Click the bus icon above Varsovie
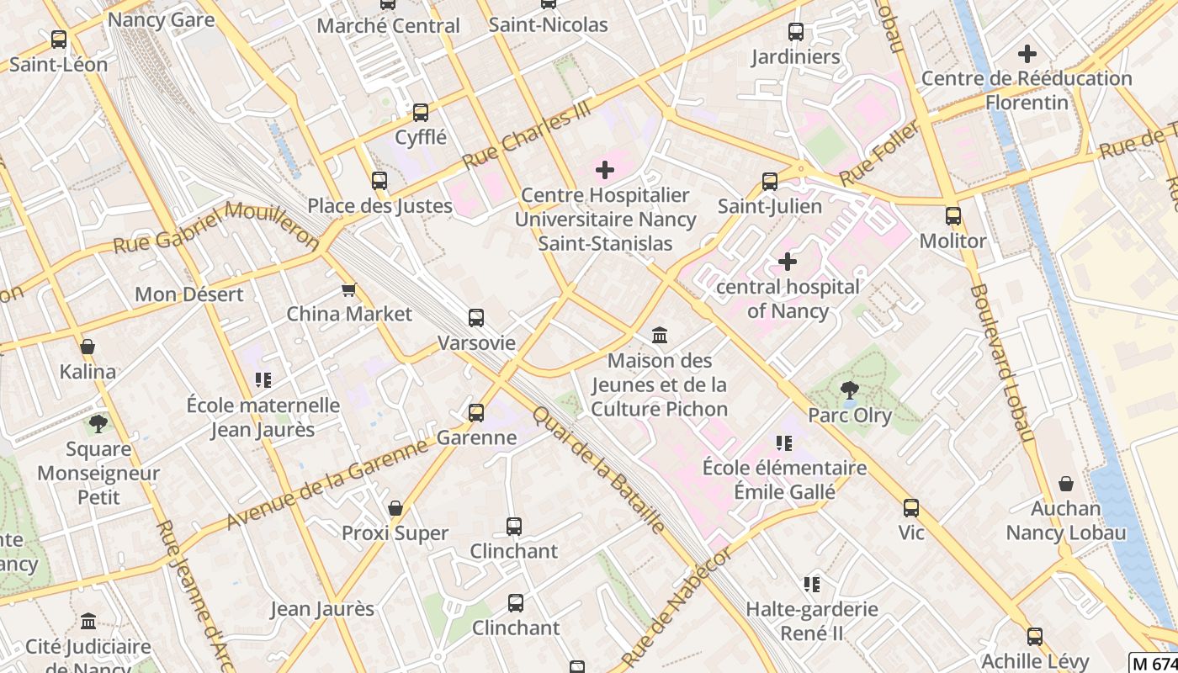point(476,318)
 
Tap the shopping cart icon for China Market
point(348,289)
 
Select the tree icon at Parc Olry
point(850,389)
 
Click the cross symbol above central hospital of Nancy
point(788,262)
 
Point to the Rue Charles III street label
point(528,136)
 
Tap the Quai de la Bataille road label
point(598,469)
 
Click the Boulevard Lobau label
point(1000,362)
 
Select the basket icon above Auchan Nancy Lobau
point(1066,484)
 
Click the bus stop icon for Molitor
point(953,216)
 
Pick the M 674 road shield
point(1152,662)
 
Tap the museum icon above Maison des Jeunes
point(660,336)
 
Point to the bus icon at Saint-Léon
point(59,40)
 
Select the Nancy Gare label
point(162,19)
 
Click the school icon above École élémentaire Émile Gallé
point(784,443)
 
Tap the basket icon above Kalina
point(88,347)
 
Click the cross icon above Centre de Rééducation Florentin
point(1027,54)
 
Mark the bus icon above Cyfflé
point(421,112)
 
